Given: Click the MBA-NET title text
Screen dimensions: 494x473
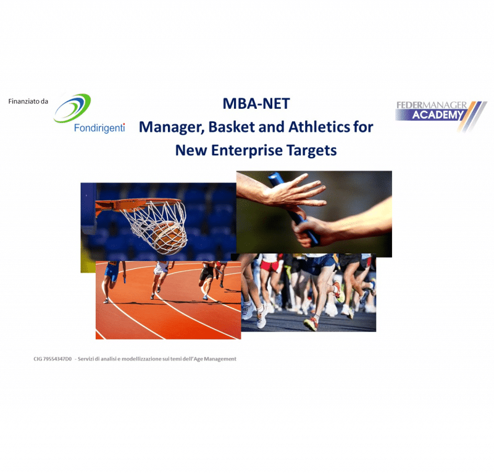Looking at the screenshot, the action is [x=256, y=103].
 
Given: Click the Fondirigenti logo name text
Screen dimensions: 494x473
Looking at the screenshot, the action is [x=99, y=128].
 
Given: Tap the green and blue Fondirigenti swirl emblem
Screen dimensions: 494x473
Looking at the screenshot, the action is [x=72, y=108].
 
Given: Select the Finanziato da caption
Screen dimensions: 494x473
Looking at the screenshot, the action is [x=28, y=101].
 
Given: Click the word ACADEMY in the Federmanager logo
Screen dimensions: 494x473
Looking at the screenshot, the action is [x=437, y=115].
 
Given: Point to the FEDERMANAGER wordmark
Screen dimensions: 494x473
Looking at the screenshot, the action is [x=432, y=105].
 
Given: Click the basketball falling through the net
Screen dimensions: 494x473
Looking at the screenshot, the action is [x=167, y=238].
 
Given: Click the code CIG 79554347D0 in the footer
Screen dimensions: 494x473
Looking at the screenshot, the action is [x=52, y=359].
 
